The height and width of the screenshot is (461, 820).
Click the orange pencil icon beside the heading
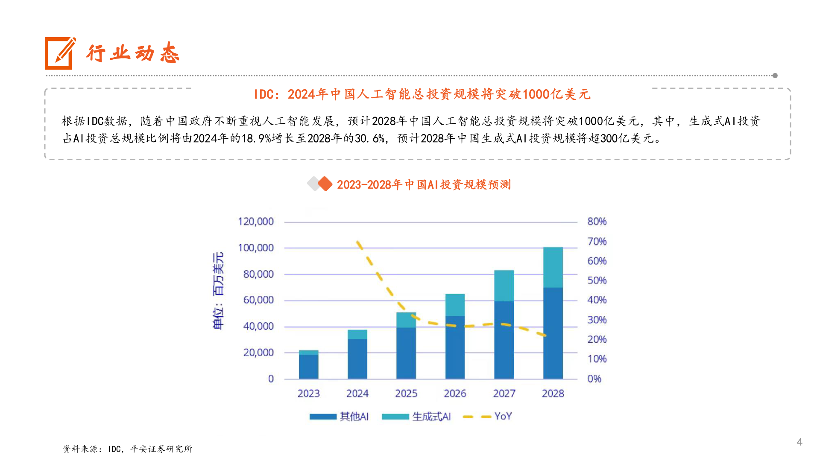pos(60,53)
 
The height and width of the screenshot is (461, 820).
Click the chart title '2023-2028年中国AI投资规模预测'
pos(424,184)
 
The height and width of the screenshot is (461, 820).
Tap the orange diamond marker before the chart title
pos(325,184)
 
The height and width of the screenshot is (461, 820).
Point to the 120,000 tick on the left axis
pos(255,222)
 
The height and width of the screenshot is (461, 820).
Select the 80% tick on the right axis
pos(597,222)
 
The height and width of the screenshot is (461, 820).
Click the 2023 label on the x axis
pos(308,393)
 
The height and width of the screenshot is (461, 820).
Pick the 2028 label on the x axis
pos(553,393)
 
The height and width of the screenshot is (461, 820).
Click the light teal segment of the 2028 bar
pos(553,267)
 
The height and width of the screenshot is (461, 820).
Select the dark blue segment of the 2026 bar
pos(455,347)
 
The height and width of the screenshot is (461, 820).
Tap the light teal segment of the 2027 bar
pos(504,286)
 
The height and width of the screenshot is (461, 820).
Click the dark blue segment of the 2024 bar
pos(357,359)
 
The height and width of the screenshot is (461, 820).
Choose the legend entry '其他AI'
pos(340,416)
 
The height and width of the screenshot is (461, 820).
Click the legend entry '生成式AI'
pos(416,416)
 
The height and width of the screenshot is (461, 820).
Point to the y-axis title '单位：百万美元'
pos(218,291)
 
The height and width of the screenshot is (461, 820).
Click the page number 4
pos(799,442)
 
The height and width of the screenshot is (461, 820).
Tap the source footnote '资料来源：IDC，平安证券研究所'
pos(127,449)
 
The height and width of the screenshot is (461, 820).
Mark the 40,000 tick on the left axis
pos(258,326)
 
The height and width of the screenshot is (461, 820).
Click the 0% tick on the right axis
pos(594,379)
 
